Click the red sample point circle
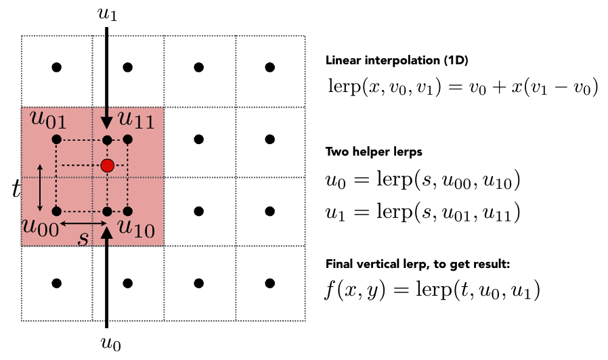(107, 165)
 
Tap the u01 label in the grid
(47, 120)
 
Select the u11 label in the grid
(135, 120)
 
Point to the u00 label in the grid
(40, 225)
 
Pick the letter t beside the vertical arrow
(17, 188)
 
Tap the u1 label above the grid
(108, 13)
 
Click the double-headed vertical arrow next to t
(40, 186)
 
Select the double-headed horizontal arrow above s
(82, 222)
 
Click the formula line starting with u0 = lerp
(422, 183)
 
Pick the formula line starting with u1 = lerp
(422, 213)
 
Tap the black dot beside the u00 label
(57, 211)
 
